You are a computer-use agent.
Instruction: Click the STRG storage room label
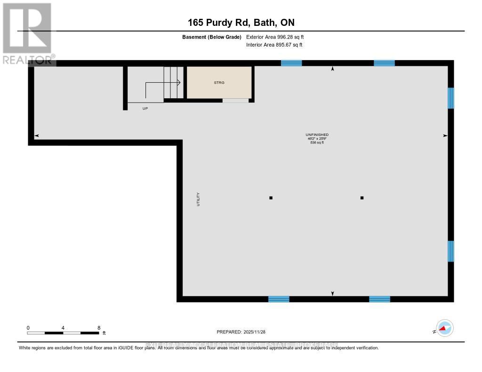coord(219,82)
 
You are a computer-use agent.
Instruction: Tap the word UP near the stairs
coord(145,108)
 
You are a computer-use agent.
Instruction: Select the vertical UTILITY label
coord(198,199)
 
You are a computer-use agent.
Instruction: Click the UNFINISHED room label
coord(317,135)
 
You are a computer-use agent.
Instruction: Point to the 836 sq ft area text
coord(317,142)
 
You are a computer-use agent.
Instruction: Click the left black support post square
coord(271,198)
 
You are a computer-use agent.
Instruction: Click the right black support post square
coord(362,198)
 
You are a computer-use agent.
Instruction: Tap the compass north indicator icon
coord(444,328)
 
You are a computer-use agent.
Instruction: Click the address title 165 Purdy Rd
coord(241,23)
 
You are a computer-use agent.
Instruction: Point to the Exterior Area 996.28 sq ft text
coord(278,37)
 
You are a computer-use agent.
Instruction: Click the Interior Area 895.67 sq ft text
coord(274,45)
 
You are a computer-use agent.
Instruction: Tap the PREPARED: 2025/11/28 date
coord(241,332)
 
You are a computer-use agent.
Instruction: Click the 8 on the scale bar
coord(98,328)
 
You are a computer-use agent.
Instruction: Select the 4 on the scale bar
coord(63,328)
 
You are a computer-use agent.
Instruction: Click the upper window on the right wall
coord(451,98)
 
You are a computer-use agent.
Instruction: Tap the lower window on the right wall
coord(451,251)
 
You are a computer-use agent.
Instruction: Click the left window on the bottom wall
coord(279,299)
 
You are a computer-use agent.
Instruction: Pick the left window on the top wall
coord(291,63)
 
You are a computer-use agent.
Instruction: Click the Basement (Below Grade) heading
coord(212,37)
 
